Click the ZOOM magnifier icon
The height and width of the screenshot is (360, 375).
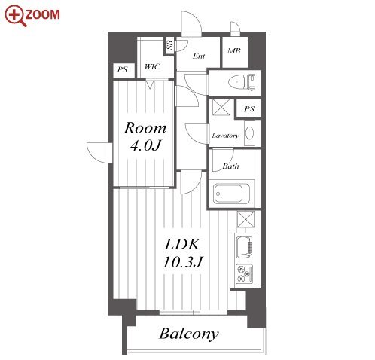coord(16,15)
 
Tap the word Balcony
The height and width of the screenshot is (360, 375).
coord(189,334)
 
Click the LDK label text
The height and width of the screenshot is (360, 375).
coord(182,244)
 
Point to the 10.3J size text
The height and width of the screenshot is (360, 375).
coord(182,262)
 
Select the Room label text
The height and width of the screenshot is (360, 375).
coord(145,128)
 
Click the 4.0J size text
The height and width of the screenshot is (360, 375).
coord(145,145)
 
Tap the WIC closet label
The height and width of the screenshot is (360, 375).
coord(152,67)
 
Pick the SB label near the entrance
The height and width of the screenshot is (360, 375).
coord(170,45)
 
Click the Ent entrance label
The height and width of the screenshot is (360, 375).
coord(199,56)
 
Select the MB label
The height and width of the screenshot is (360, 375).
coord(234,51)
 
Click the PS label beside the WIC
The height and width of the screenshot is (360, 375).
coord(123,69)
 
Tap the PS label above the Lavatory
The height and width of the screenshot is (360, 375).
coord(249,109)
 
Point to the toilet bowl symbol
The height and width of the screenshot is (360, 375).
coord(237,82)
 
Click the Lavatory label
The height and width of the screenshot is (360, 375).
coord(225,136)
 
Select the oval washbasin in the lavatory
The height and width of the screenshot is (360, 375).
coord(249,133)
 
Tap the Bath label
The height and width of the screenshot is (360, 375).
coord(230,166)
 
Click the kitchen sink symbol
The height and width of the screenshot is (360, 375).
coord(245,247)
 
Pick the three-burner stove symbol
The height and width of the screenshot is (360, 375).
coord(245,273)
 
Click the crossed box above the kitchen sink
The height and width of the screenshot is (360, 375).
coord(245,219)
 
